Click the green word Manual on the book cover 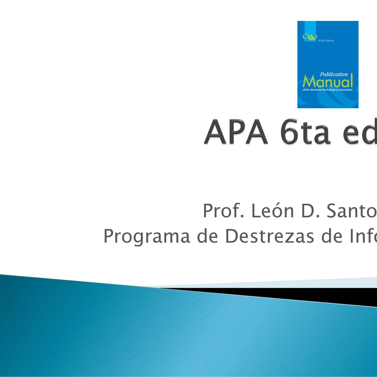328,82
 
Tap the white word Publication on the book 333,74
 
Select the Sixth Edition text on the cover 326,41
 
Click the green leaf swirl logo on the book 309,37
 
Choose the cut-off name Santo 352,211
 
